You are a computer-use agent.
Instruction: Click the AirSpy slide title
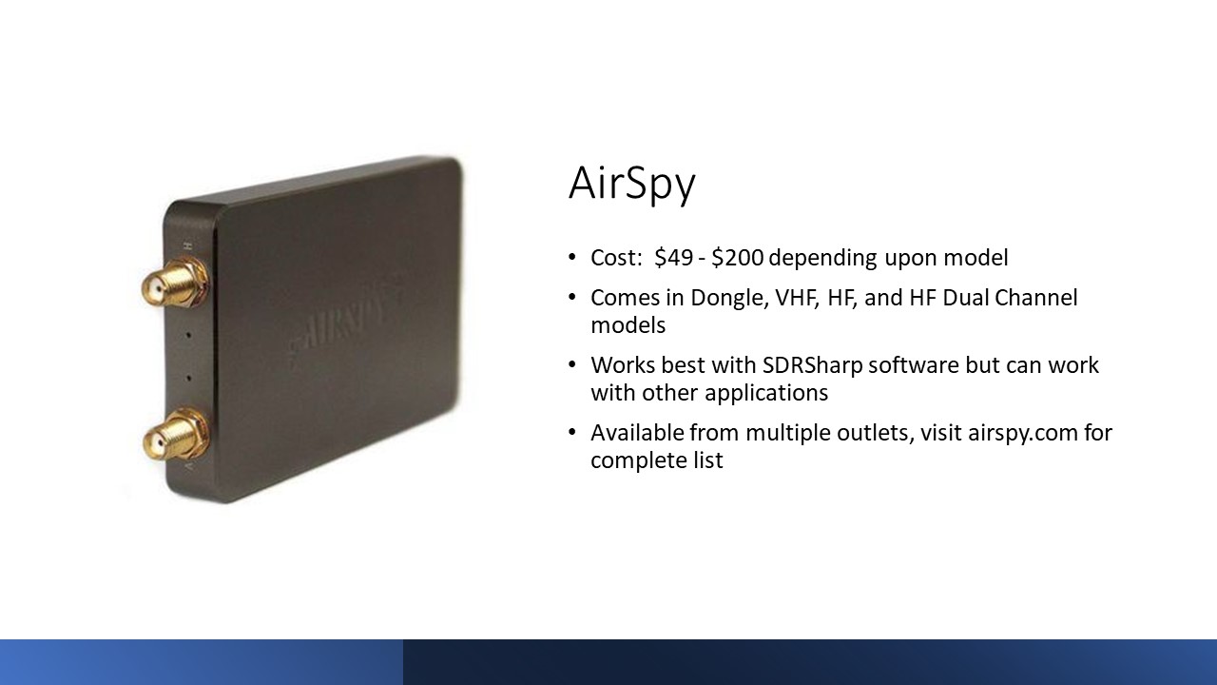point(632,184)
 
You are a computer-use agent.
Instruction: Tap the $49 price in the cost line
point(674,258)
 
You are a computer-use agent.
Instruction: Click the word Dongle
point(729,299)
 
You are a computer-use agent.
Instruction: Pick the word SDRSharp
point(812,365)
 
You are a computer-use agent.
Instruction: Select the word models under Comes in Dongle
point(628,325)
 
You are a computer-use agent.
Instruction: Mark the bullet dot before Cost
point(571,257)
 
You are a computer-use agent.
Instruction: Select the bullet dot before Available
point(571,433)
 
